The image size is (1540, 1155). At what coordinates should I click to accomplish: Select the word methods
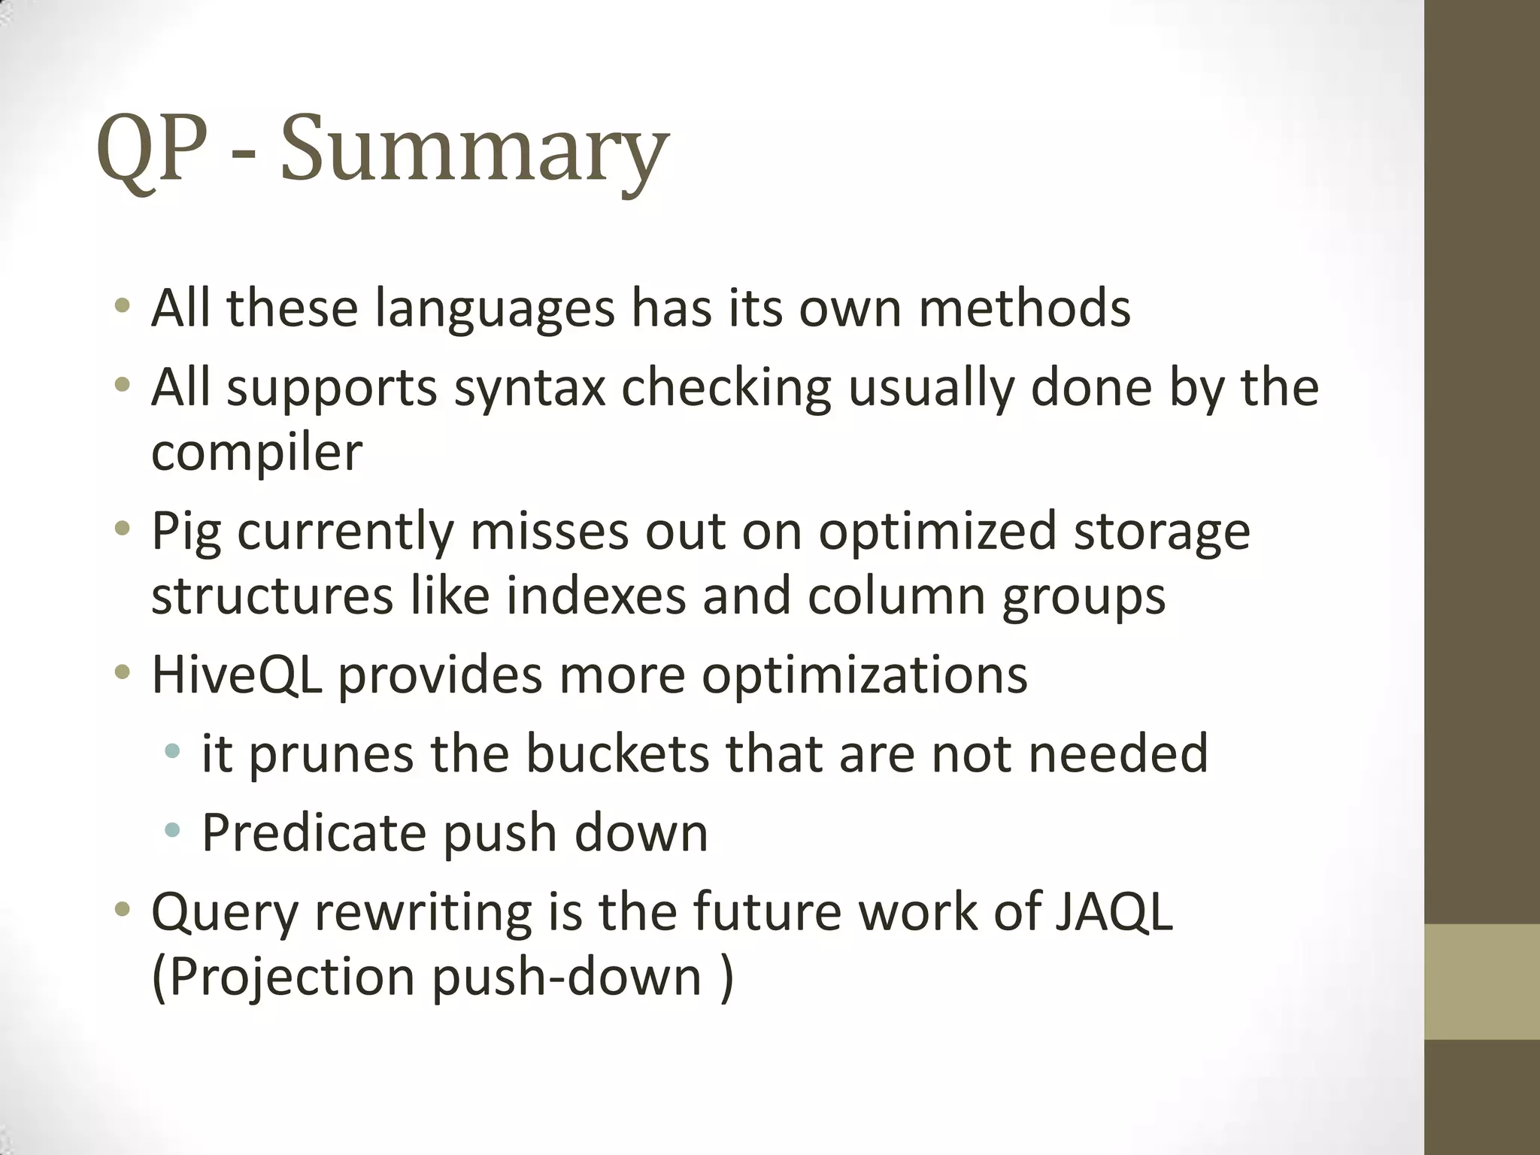click(x=1024, y=309)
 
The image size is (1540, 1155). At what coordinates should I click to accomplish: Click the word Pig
click(x=186, y=532)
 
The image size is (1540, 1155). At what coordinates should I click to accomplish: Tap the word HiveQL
click(x=237, y=675)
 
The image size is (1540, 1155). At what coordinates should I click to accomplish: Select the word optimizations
click(x=865, y=675)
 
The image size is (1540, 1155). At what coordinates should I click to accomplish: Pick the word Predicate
click(x=314, y=832)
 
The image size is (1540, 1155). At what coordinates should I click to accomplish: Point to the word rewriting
click(x=422, y=912)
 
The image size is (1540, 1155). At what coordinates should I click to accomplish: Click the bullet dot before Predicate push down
click(x=172, y=830)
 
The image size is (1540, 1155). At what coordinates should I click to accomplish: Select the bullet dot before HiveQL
click(x=122, y=671)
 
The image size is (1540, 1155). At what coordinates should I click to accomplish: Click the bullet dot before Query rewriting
click(x=122, y=909)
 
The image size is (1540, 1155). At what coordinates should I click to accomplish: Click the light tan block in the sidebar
click(x=1481, y=981)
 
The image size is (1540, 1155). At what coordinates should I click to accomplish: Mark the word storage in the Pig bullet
click(x=1162, y=532)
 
